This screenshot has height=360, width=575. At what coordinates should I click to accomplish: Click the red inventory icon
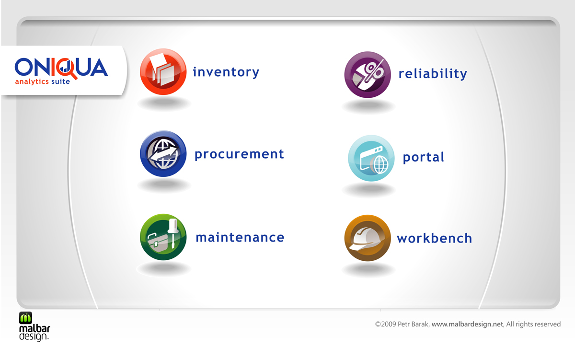(x=163, y=71)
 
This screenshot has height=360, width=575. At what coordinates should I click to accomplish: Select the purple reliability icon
(x=368, y=75)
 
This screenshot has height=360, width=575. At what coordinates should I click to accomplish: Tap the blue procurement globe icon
(x=163, y=153)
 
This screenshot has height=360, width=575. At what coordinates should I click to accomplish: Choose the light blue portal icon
(x=371, y=158)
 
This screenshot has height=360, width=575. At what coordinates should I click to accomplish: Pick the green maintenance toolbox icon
(x=163, y=237)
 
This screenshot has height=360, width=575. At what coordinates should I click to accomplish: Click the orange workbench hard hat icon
(x=368, y=238)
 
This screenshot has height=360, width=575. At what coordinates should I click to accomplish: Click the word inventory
(x=226, y=72)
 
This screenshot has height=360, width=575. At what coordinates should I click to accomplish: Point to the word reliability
(x=433, y=74)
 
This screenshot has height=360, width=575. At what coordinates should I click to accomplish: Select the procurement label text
(x=239, y=154)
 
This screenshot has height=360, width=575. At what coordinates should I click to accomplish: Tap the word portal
(x=424, y=157)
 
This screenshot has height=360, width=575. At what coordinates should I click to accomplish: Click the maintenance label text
(x=240, y=237)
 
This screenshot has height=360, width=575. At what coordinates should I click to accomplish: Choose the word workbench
(x=434, y=238)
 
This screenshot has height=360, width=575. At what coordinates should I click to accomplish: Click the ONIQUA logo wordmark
(x=61, y=67)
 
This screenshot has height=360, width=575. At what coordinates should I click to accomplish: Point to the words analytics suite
(x=42, y=81)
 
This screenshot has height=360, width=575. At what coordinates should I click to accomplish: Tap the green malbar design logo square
(x=25, y=318)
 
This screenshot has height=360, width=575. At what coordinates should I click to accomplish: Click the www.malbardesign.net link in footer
(x=467, y=325)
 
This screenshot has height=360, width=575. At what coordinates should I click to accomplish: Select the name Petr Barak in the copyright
(x=413, y=325)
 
